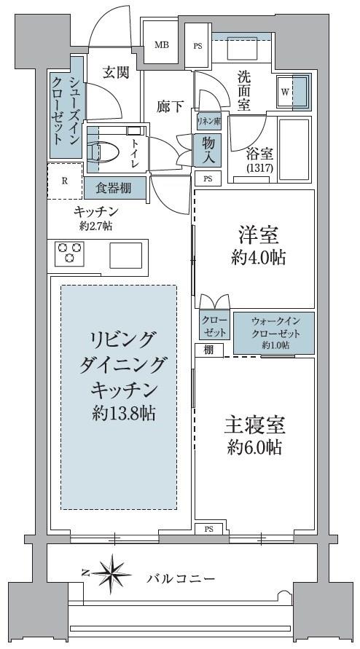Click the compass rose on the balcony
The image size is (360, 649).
[111, 573]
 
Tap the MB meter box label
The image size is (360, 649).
[161, 45]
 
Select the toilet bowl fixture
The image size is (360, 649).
[103, 152]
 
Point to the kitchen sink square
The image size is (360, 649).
[125, 256]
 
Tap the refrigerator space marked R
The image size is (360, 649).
[65, 181]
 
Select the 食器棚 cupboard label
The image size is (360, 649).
[114, 189]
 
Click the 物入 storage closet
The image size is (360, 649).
[208, 150]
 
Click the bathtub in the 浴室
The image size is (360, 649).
[294, 150]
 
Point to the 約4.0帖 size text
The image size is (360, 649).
[258, 259]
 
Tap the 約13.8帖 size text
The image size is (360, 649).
[124, 413]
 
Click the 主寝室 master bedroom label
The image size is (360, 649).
[255, 427]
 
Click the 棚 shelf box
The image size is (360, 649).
[209, 350]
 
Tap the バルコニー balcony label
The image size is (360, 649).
[181, 578]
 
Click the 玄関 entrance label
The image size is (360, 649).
[116, 72]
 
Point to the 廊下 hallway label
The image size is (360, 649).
[170, 107]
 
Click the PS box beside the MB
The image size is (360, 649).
[197, 46]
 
